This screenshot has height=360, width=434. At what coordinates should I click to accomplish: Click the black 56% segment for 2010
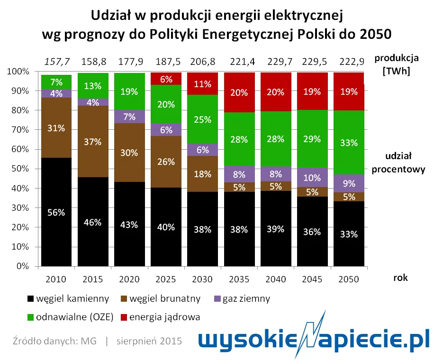[56, 212]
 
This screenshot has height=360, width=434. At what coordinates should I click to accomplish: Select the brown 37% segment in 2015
[93, 142]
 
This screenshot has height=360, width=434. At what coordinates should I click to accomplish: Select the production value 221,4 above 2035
[240, 61]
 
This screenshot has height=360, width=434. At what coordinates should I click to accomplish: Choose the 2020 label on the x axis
[129, 279]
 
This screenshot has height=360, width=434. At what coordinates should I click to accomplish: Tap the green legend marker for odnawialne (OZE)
[31, 317]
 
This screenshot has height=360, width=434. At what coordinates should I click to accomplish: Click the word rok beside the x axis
[400, 279]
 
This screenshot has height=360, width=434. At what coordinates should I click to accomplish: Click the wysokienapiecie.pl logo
[313, 338]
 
